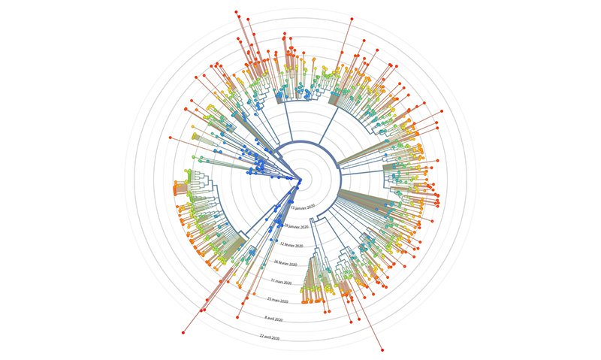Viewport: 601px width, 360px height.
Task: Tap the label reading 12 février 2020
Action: [291, 245]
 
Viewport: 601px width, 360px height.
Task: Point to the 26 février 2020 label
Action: [286, 263]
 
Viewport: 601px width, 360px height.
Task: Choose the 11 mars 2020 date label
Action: [281, 282]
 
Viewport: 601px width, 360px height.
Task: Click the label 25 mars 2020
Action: [278, 300]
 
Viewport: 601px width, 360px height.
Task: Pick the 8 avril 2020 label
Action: [275, 319]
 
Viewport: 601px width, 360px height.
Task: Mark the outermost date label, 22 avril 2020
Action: [270, 337]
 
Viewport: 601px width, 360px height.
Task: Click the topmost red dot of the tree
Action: [237, 12]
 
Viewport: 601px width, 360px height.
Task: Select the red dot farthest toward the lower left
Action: [183, 332]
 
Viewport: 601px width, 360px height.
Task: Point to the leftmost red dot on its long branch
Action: [171, 138]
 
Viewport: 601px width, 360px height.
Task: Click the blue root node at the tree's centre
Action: [300, 180]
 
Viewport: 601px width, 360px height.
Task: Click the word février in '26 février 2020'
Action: [287, 264]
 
